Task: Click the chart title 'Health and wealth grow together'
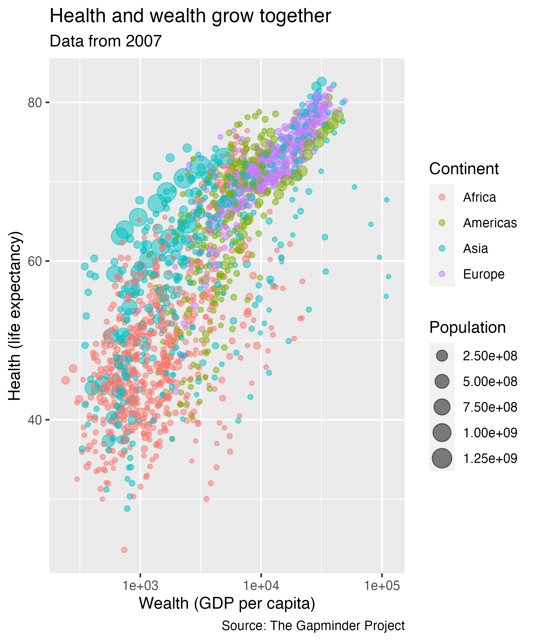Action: point(190,16)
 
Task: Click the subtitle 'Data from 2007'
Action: point(105,41)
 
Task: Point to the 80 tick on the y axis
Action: point(34,103)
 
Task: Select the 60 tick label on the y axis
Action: point(34,261)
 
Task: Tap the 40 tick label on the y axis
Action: point(34,420)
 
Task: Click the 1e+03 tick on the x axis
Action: point(140,586)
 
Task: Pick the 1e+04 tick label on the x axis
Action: point(261,586)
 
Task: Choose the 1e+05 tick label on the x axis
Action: point(382,586)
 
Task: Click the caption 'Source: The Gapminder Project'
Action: point(313,626)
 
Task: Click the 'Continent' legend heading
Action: point(464,169)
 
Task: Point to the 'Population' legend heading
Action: point(468,327)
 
